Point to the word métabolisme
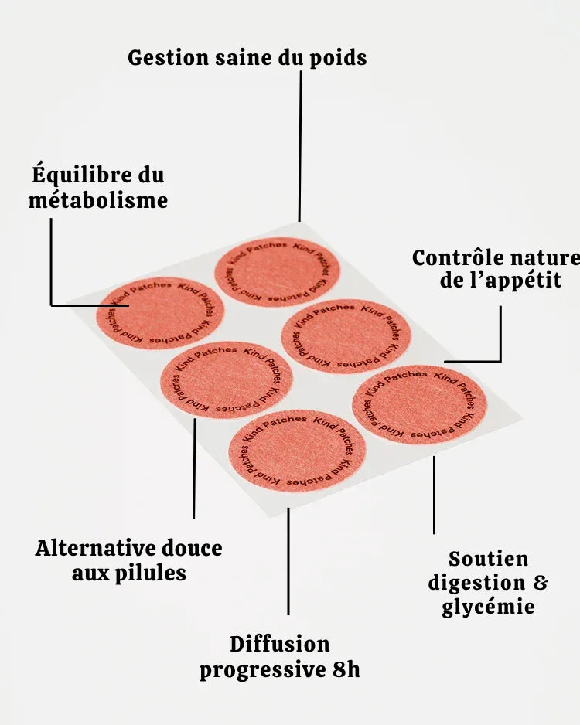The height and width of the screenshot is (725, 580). pyautogui.click(x=98, y=200)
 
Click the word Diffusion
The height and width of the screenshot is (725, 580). pyautogui.click(x=279, y=644)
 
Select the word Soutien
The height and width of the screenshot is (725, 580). pyautogui.click(x=488, y=558)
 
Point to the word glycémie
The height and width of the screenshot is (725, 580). pyautogui.click(x=488, y=607)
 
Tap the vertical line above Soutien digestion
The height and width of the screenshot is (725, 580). pyautogui.click(x=434, y=495)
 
